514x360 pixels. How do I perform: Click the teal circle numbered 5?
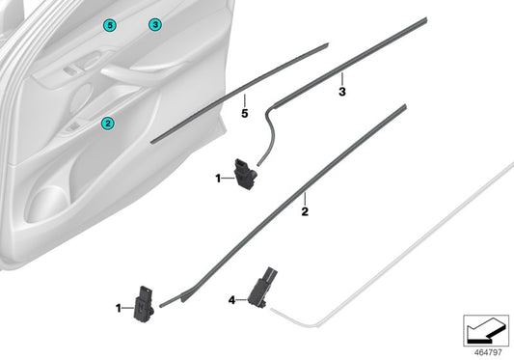click(109, 24)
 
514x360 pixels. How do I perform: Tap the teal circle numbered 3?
click(154, 24)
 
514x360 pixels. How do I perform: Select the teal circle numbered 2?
click(108, 123)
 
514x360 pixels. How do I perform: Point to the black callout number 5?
click(244, 114)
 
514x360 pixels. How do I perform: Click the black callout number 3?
click(341, 92)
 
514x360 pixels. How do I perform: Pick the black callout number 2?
click(305, 209)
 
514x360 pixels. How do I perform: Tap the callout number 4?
click(232, 300)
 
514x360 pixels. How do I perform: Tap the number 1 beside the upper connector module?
click(218, 178)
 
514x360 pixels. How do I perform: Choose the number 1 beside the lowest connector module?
click(118, 308)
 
